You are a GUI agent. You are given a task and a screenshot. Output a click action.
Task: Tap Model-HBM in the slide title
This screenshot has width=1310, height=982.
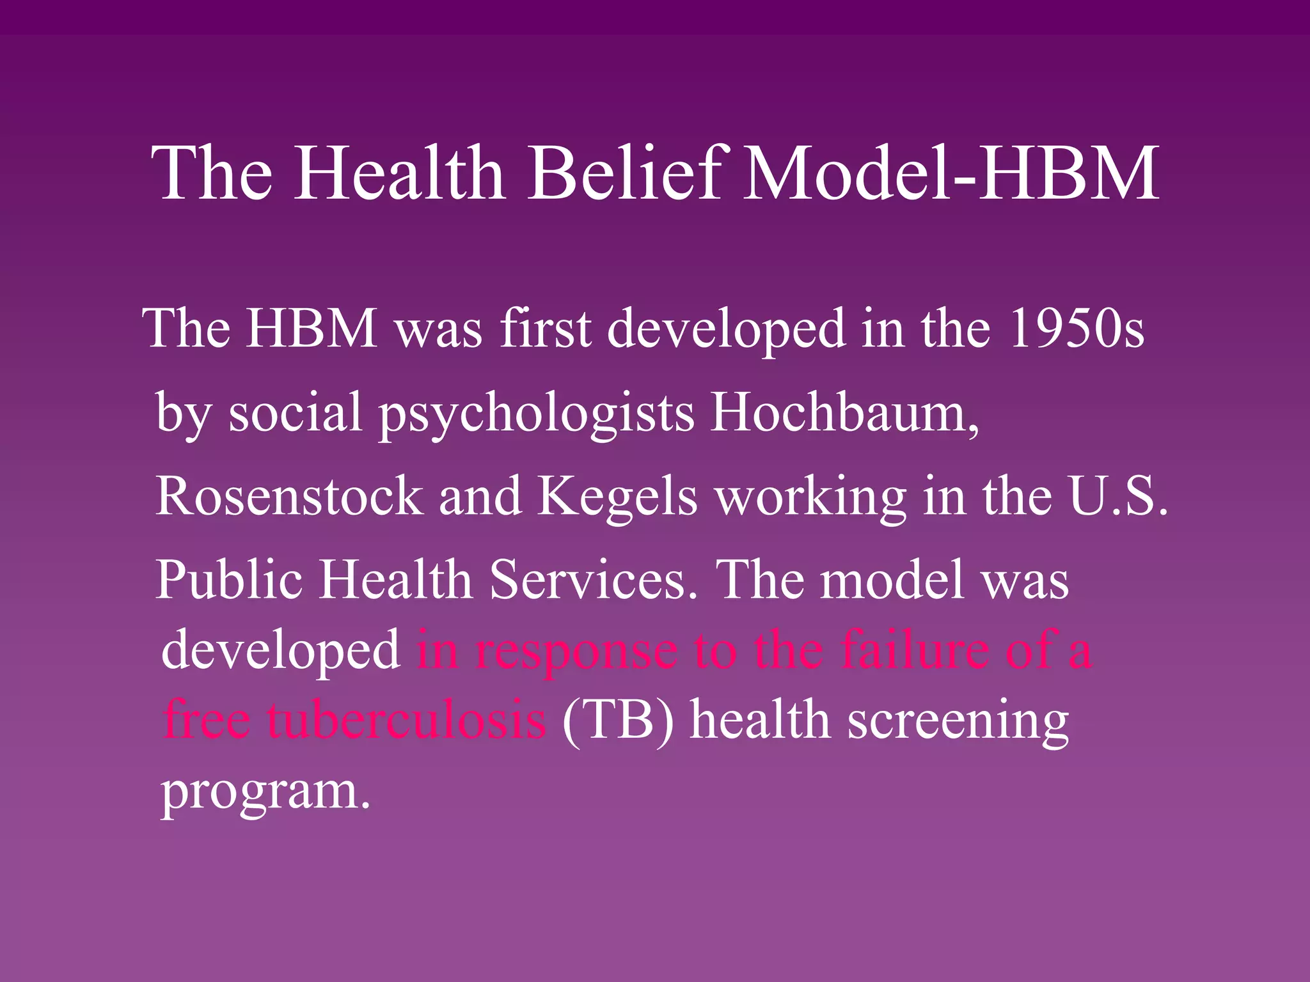[x=951, y=173]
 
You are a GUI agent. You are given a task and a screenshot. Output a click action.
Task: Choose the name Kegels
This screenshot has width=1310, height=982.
[x=617, y=497]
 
